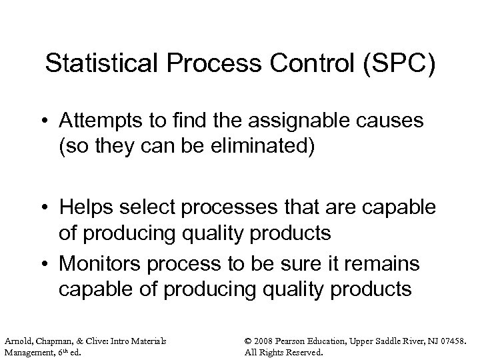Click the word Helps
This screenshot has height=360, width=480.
(85, 207)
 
